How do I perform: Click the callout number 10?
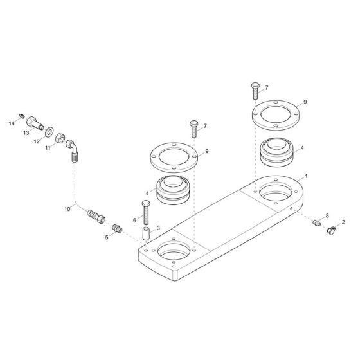[x=67, y=209]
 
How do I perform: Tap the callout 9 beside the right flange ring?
[x=305, y=102]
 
